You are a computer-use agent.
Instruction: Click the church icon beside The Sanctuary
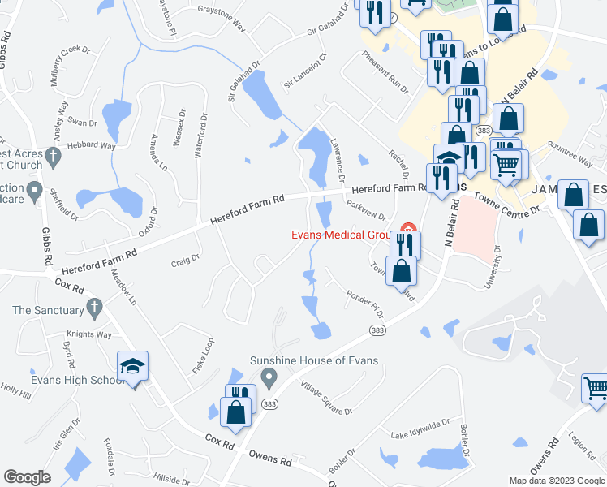tap(94, 308)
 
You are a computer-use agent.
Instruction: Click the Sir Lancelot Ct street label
tap(304, 71)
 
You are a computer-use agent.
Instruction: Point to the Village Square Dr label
tap(326, 398)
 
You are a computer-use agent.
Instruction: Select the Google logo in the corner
tap(26, 477)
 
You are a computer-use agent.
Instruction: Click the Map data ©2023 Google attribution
tap(556, 481)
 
